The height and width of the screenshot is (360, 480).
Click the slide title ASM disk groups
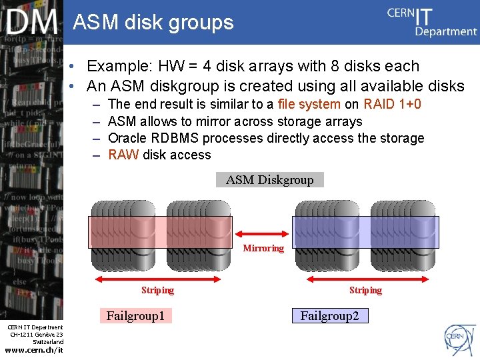coord(153,23)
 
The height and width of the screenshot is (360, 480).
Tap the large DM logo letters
coord(32,23)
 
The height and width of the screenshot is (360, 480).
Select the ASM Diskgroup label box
coord(269,180)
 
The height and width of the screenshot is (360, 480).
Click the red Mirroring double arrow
coord(263,233)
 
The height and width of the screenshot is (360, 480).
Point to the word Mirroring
coord(263,248)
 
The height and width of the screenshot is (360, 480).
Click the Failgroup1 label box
coord(135,316)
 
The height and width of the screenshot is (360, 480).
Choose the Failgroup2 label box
coord(329,316)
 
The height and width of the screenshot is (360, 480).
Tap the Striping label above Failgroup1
coord(157,290)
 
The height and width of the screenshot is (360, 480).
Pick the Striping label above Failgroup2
coord(365,290)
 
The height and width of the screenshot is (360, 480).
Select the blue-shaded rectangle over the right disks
coord(365,232)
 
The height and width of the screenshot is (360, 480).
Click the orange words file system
coord(309,105)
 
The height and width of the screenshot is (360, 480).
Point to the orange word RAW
coord(123,155)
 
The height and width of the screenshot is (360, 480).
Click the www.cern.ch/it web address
coord(33,351)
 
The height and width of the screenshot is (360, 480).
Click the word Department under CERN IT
coord(445,31)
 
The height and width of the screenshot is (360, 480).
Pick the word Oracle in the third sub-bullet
coord(127,139)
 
